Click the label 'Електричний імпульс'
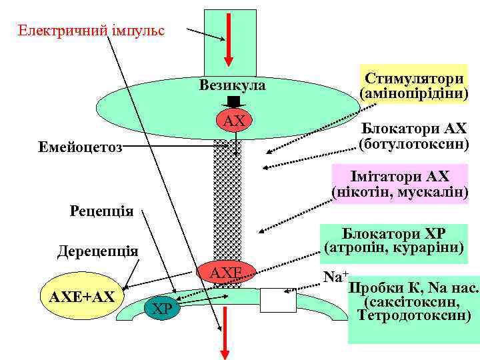coord(91,31)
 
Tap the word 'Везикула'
coord(232,85)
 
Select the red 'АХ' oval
coord(235,121)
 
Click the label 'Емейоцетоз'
coord(80,147)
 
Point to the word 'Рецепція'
coord(102,211)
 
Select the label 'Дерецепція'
coord(97,251)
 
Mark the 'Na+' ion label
coord(335,275)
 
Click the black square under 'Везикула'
coord(233,101)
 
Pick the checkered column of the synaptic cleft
coord(227,200)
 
